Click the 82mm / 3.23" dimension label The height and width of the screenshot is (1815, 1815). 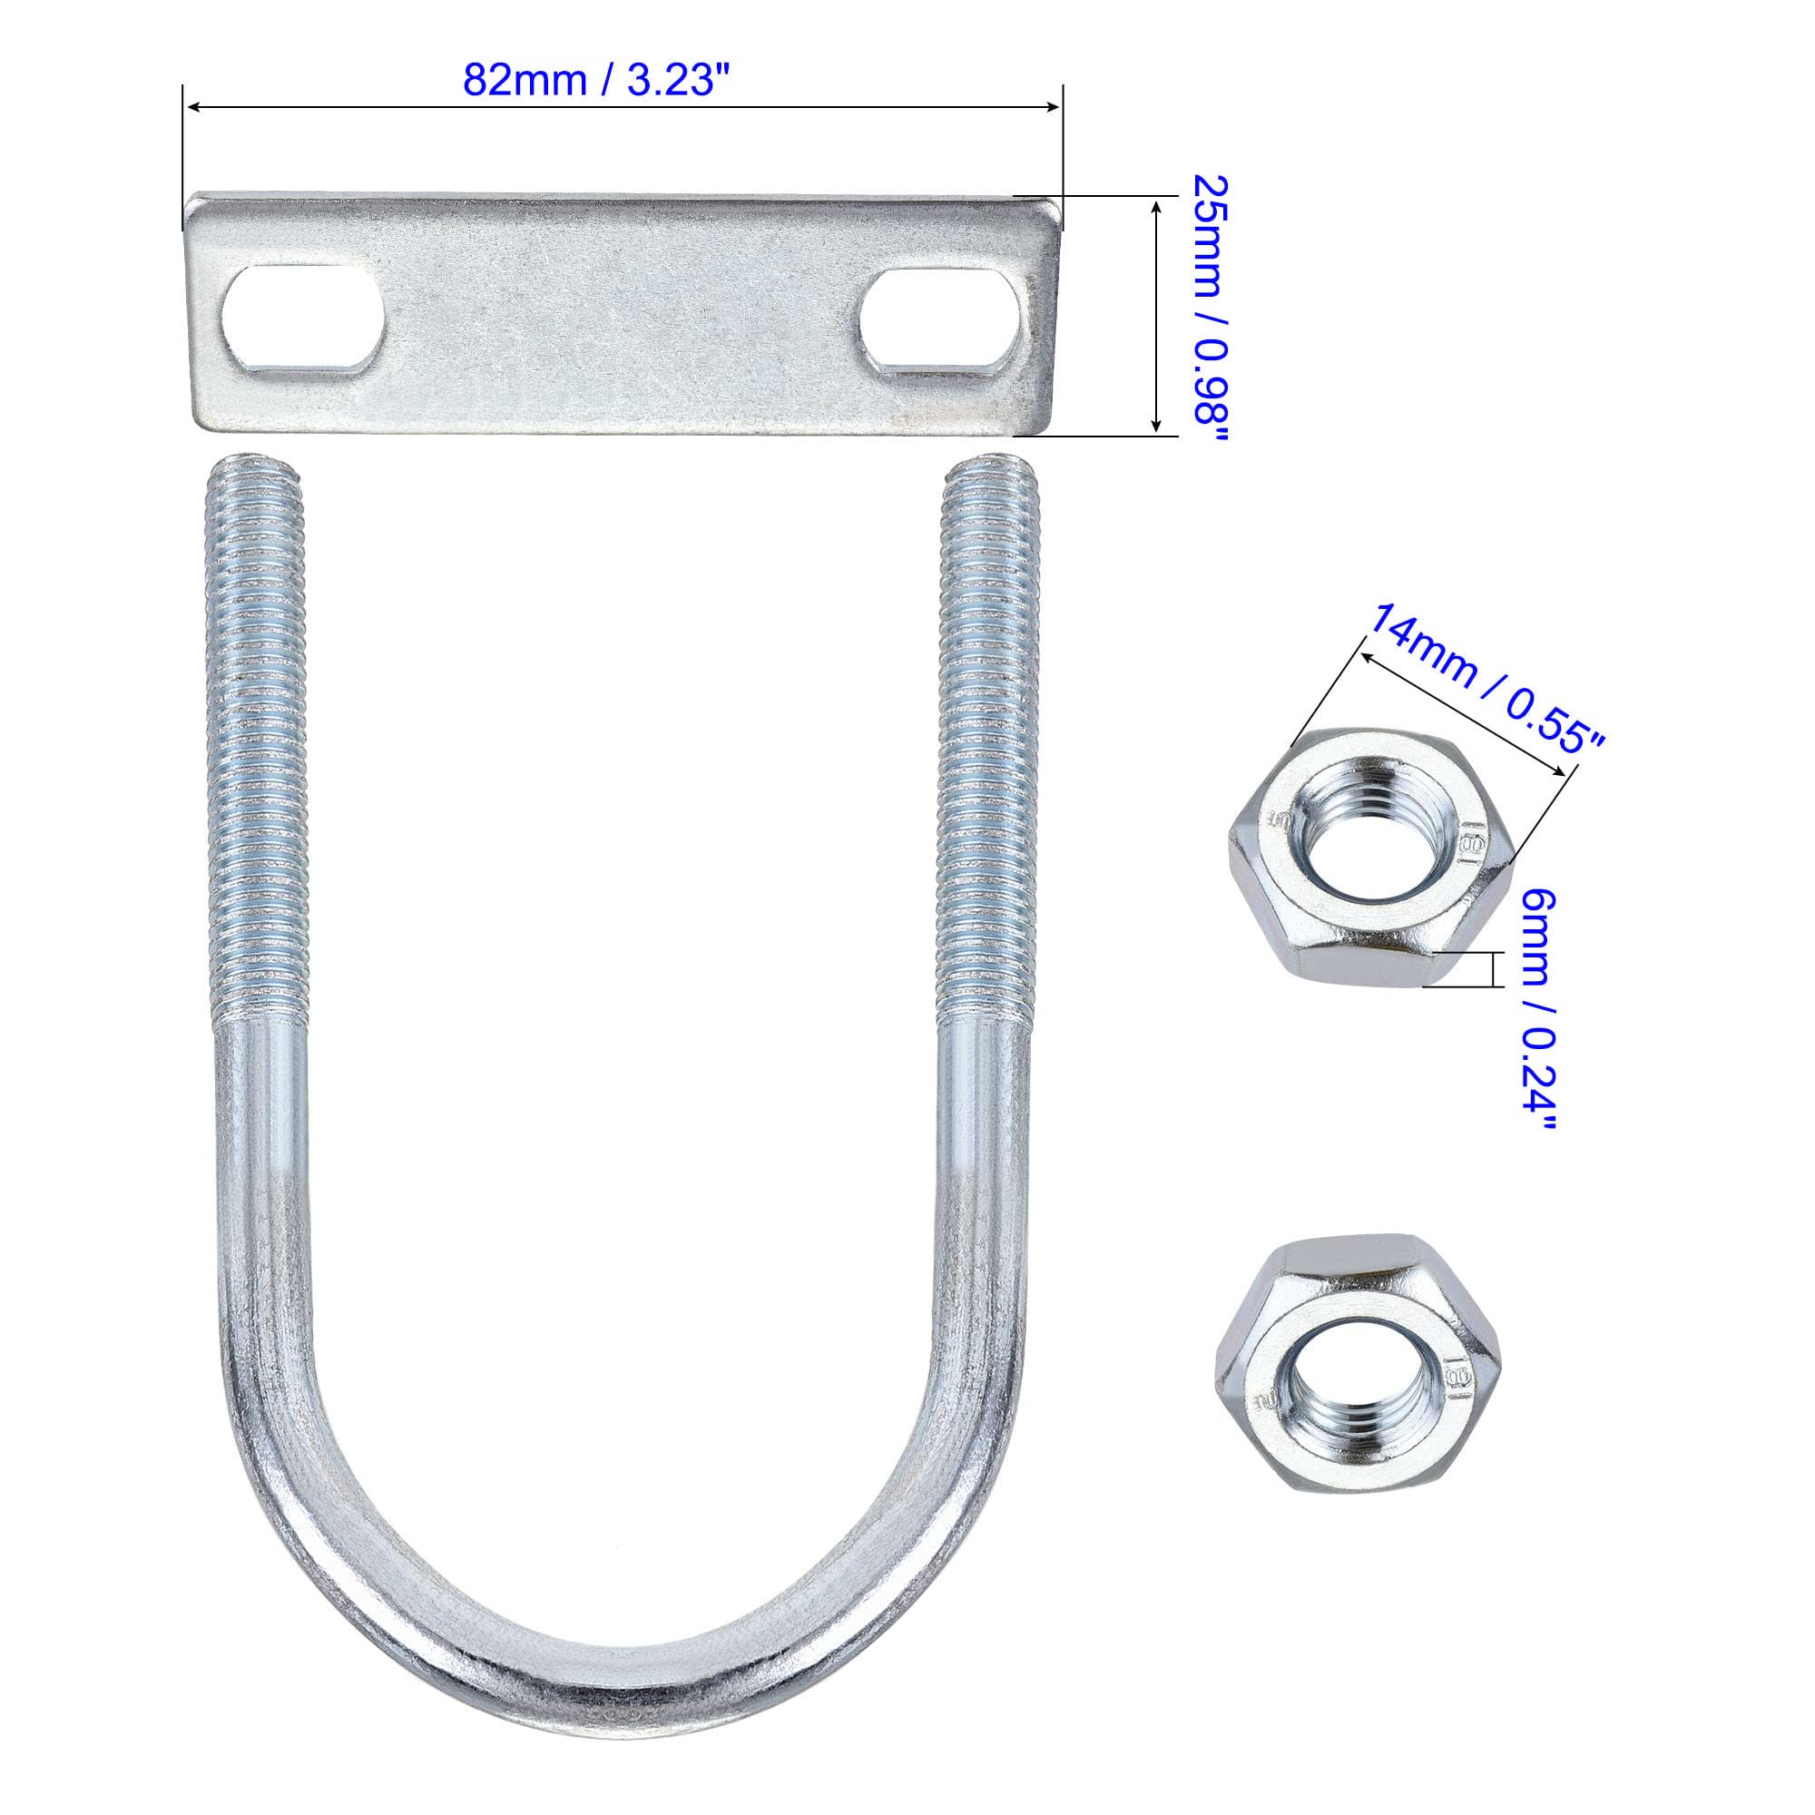coord(596,81)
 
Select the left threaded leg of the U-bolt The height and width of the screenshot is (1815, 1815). coord(256,742)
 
